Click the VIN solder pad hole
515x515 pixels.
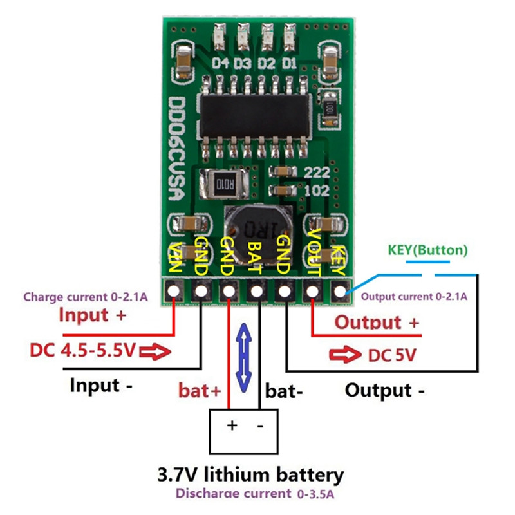(174, 292)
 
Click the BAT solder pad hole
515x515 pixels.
(257, 292)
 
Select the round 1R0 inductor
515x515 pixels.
(257, 225)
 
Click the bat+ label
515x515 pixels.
(200, 389)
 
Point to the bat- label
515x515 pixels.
(285, 389)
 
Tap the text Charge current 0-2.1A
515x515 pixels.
(86, 297)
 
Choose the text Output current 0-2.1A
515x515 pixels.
(414, 296)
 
